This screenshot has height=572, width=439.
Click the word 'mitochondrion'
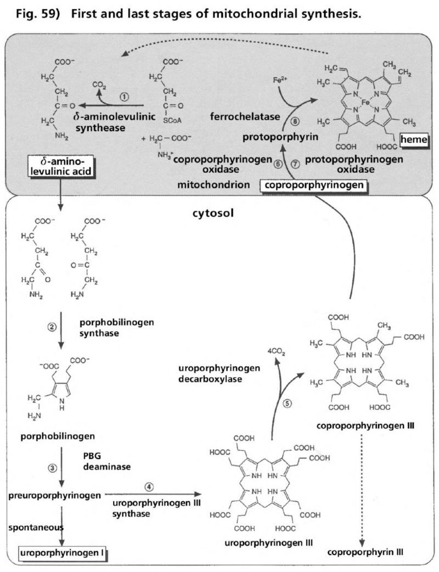[210, 185]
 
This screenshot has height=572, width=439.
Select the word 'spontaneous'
[31, 526]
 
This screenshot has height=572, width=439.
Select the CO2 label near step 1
[97, 86]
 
